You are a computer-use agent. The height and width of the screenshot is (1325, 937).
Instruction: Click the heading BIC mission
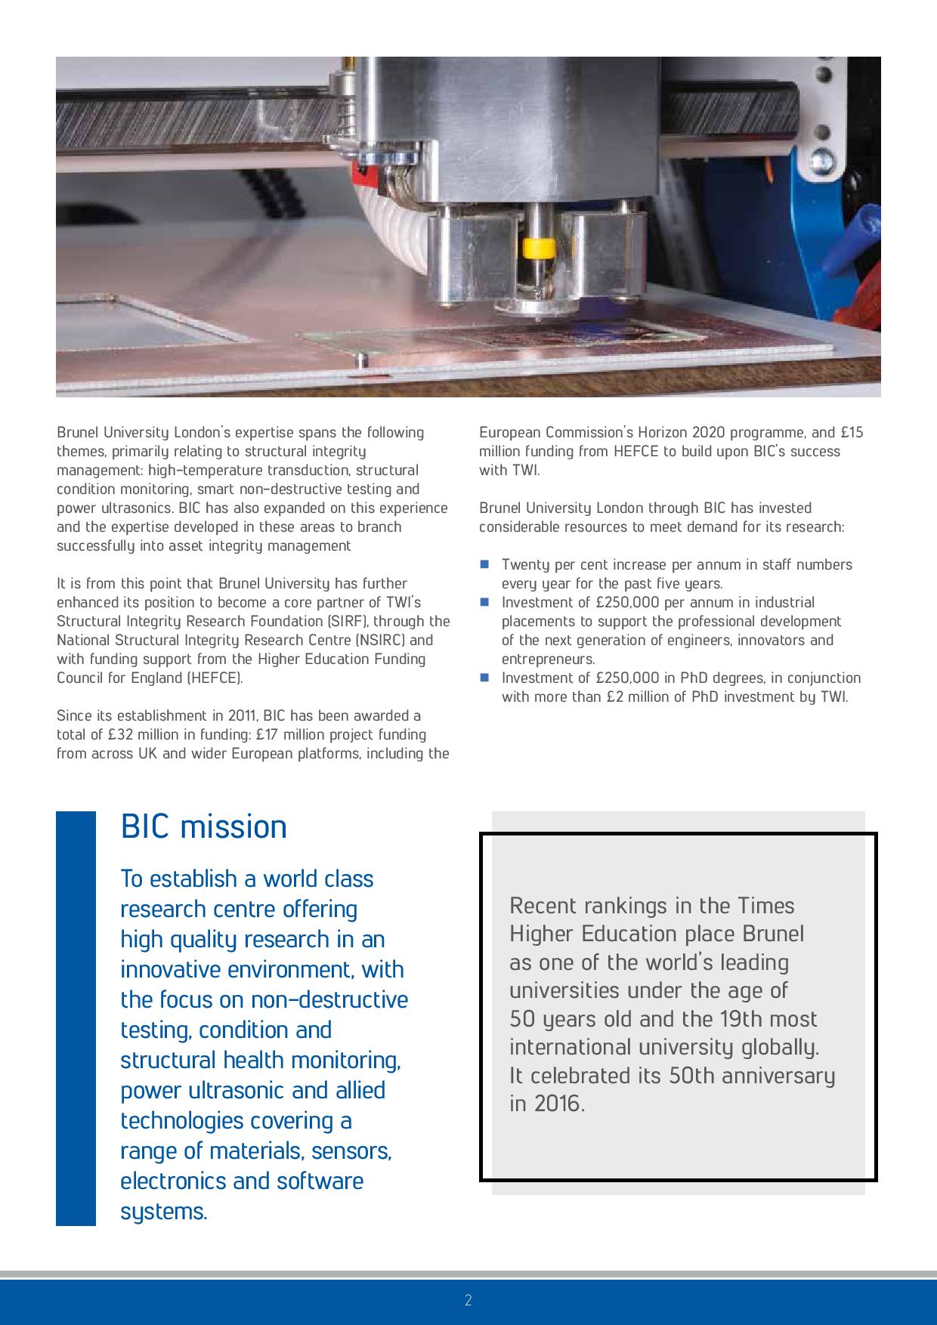click(204, 826)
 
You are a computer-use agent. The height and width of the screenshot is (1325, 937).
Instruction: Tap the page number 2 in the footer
click(468, 1300)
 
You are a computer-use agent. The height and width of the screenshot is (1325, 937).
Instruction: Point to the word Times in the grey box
click(766, 905)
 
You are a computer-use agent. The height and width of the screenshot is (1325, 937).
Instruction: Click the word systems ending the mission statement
click(163, 1211)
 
